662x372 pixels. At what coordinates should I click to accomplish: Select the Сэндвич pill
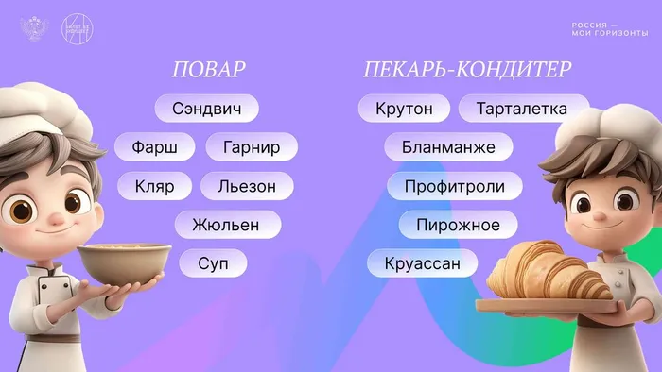[x=206, y=109]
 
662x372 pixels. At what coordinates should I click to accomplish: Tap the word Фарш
[x=155, y=147]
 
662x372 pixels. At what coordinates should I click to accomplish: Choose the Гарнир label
[x=251, y=147]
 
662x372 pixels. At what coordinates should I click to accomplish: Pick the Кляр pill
[x=154, y=186]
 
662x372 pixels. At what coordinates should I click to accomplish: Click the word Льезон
[x=247, y=186]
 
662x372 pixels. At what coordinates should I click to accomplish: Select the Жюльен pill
[x=229, y=225]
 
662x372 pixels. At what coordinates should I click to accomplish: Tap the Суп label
[x=213, y=262]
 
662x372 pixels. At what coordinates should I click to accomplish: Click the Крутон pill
[x=404, y=109]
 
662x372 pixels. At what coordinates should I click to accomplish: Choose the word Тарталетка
[x=522, y=109]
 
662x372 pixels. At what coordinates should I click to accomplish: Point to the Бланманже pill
[x=448, y=147]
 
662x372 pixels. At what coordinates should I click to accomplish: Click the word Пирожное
[x=458, y=225]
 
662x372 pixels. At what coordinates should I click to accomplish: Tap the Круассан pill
[x=423, y=262]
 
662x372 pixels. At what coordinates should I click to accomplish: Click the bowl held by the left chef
[x=124, y=264]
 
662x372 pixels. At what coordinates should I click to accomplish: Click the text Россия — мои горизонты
[x=609, y=29]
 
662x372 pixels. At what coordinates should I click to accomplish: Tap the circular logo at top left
[x=78, y=28]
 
